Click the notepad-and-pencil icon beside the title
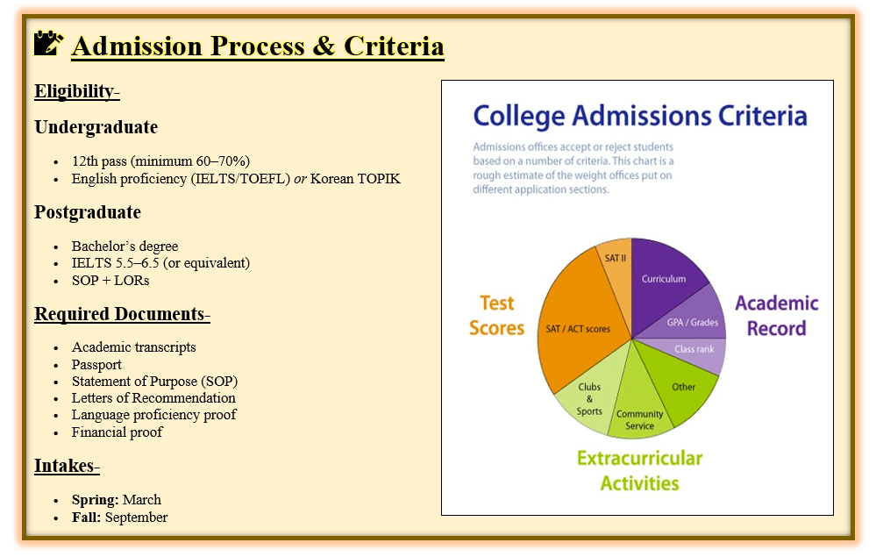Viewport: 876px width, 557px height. (48, 43)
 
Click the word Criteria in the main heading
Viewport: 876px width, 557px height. (394, 46)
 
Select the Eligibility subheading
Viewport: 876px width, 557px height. (77, 91)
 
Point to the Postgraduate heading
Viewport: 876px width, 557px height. (88, 212)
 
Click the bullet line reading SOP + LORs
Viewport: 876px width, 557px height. (110, 281)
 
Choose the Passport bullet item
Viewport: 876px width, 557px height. (96, 365)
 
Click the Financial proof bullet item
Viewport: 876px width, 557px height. (117, 432)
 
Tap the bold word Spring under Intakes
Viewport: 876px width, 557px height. (95, 500)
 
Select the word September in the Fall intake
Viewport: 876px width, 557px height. (136, 518)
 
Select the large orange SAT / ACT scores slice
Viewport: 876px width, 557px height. (578, 324)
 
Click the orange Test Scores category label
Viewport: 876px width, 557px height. (496, 316)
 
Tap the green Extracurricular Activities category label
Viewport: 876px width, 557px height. (639, 470)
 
